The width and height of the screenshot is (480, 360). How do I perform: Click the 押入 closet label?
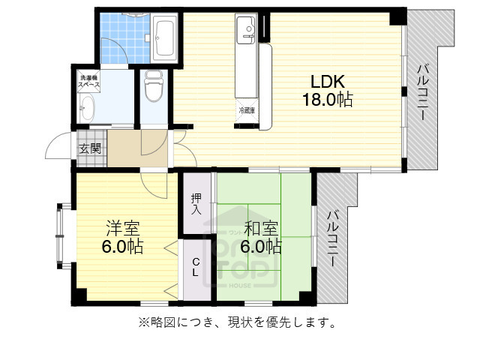196,204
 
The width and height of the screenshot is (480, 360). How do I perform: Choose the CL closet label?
195,268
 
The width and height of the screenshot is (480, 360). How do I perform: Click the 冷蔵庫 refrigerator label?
247,111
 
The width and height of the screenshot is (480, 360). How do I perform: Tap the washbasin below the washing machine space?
86,109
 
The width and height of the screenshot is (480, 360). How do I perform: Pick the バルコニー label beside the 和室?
331,237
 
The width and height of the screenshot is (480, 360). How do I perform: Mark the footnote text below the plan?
235,323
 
